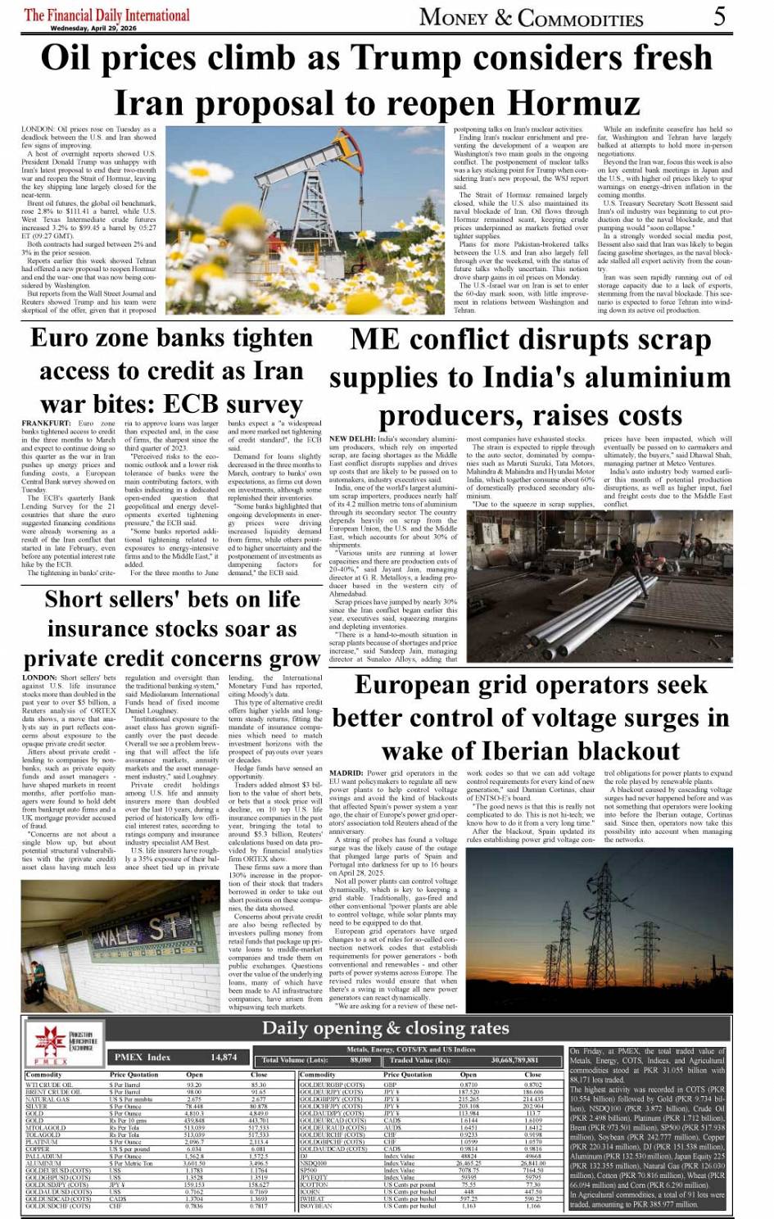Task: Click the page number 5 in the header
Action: [718, 16]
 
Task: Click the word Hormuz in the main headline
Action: [573, 103]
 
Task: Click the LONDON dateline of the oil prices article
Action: [38, 129]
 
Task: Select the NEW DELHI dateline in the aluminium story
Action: [352, 439]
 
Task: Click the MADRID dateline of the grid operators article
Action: [346, 773]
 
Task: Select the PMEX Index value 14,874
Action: [224, 1057]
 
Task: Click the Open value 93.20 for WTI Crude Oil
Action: [194, 1085]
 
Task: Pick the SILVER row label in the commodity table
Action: [37, 1106]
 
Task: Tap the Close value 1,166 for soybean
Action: [533, 1206]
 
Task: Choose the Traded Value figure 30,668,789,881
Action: [515, 1060]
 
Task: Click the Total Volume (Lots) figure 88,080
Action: [360, 1060]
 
